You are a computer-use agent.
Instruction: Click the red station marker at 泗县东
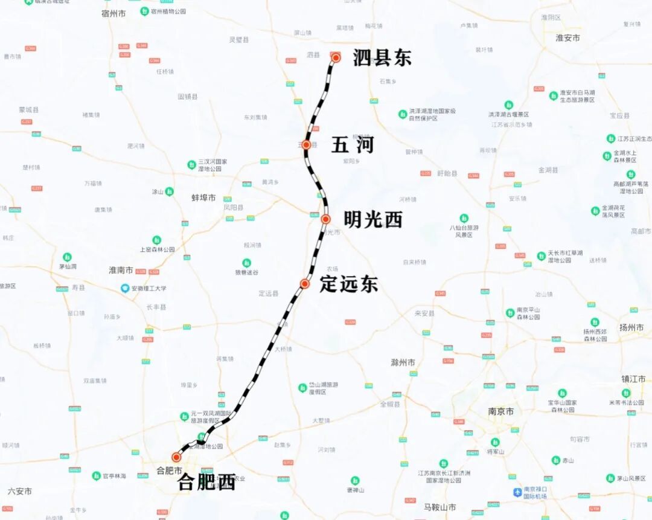[x=336, y=58]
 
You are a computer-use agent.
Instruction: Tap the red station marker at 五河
[x=306, y=145]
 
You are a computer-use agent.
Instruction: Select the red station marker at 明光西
[x=325, y=219]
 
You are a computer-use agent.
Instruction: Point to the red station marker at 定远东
[x=305, y=284]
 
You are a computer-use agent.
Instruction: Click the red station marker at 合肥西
[x=176, y=457]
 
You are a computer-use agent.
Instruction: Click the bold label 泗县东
[x=382, y=58]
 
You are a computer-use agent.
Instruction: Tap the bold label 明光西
[x=372, y=220]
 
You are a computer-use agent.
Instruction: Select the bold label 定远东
[x=349, y=284]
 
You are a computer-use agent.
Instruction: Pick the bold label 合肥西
[x=206, y=482]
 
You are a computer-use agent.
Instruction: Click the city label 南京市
[x=501, y=411]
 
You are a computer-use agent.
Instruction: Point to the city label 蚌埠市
[x=203, y=197]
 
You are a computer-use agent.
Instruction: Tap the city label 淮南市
[x=121, y=270]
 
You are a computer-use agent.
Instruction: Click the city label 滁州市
[x=403, y=363]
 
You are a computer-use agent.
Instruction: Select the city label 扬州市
[x=631, y=327]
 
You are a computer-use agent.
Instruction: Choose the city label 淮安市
[x=567, y=37]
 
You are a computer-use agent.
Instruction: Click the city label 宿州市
[x=113, y=13]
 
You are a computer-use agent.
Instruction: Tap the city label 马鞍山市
[x=439, y=507]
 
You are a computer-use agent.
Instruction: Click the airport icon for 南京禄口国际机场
[x=517, y=492]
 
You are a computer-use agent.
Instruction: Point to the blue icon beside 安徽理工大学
[x=126, y=288]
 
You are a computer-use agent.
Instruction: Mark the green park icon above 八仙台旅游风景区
[x=464, y=218]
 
